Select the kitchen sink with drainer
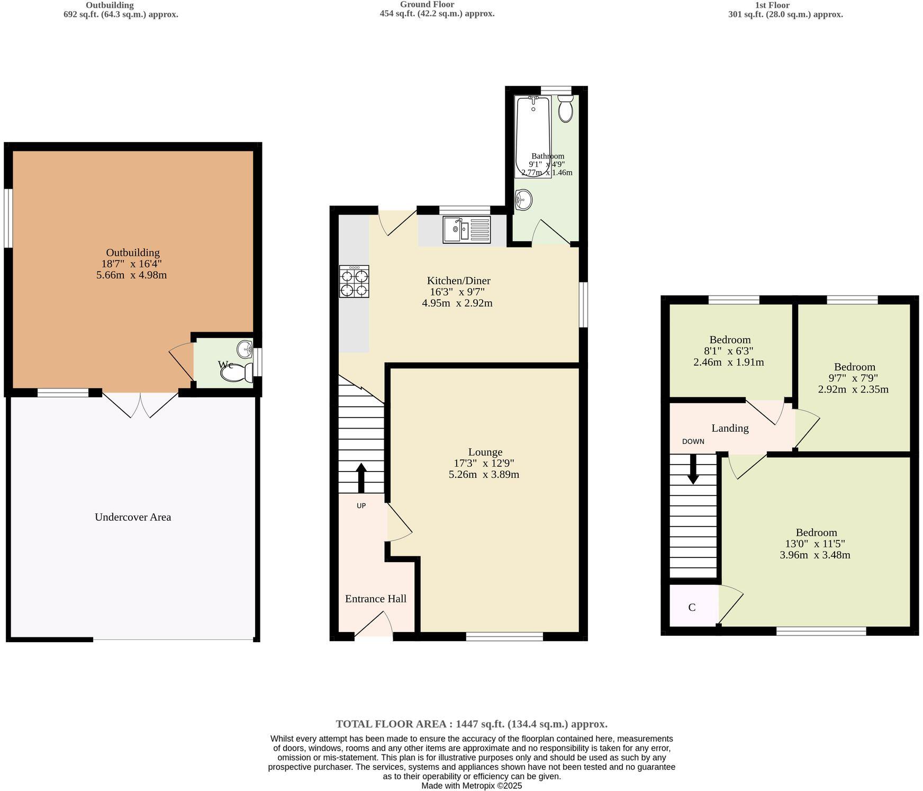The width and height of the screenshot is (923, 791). coord(466,229)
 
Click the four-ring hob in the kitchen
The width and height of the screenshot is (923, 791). coord(354,282)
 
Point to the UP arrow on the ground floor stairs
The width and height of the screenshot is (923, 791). coord(361,478)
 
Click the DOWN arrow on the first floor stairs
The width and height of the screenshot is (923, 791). coord(693,469)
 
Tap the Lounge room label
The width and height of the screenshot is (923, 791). coord(485,452)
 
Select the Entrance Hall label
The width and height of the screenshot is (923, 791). coord(375,599)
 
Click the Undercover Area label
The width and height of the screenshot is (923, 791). coord(133,517)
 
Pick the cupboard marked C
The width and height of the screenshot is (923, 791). coord(692,607)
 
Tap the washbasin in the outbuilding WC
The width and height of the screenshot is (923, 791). coord(245,349)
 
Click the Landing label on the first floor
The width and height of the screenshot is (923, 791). coord(730,428)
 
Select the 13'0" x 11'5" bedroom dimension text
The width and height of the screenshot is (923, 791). coord(815,544)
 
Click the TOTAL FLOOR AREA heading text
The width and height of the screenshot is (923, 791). coord(472,724)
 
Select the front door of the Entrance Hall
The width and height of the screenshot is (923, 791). coord(374,624)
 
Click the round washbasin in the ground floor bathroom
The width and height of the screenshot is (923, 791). coord(523,200)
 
